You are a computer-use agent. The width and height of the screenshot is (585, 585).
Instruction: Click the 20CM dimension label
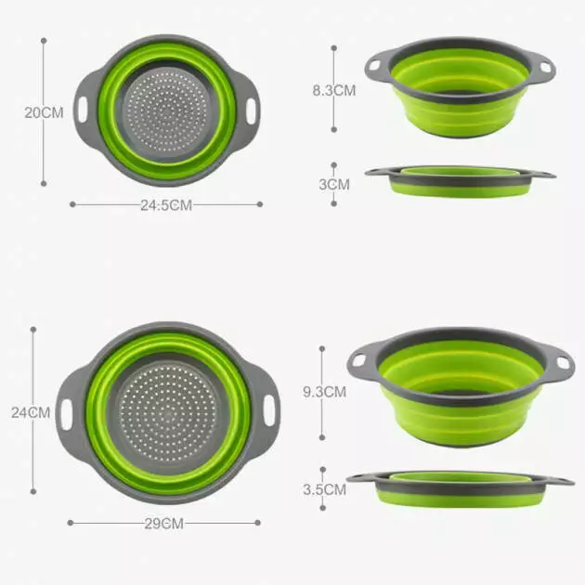(44, 112)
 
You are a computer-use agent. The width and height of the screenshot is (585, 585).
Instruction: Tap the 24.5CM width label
(166, 205)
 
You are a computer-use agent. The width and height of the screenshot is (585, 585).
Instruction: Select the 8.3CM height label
(334, 90)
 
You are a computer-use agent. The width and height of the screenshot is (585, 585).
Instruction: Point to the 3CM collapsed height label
(334, 184)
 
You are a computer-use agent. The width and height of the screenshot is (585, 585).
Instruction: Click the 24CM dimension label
(31, 412)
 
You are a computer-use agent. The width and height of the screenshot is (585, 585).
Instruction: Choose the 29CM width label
(164, 524)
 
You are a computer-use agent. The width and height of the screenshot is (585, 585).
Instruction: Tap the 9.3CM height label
(325, 392)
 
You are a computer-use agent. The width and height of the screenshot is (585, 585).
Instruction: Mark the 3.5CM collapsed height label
(325, 489)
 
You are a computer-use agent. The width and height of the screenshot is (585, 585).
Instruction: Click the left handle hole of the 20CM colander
(83, 111)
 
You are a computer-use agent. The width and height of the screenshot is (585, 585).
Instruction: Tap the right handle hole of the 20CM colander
(252, 111)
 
